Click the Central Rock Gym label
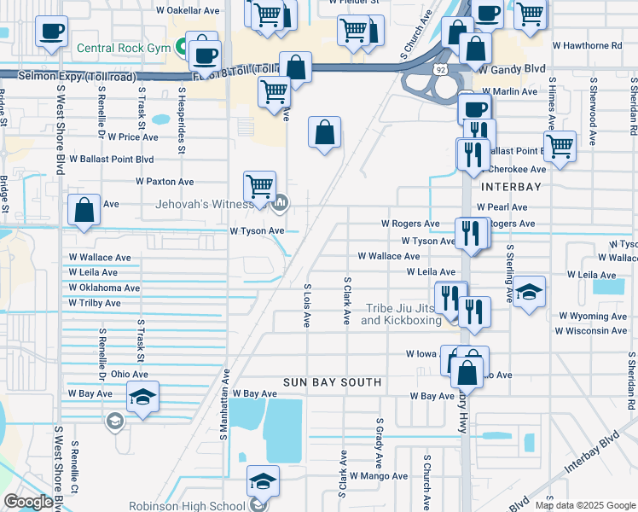pyautogui.click(x=125, y=48)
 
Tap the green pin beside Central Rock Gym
pyautogui.click(x=182, y=47)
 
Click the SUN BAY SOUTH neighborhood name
pyautogui.click(x=333, y=381)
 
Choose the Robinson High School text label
pyautogui.click(x=186, y=506)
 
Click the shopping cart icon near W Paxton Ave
pyautogui.click(x=259, y=185)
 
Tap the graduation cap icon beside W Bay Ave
pyautogui.click(x=142, y=397)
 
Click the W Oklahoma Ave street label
pyautogui.click(x=104, y=288)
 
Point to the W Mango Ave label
pyautogui.click(x=378, y=476)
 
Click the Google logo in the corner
pyautogui.click(x=28, y=502)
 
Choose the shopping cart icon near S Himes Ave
pyautogui.click(x=560, y=146)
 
